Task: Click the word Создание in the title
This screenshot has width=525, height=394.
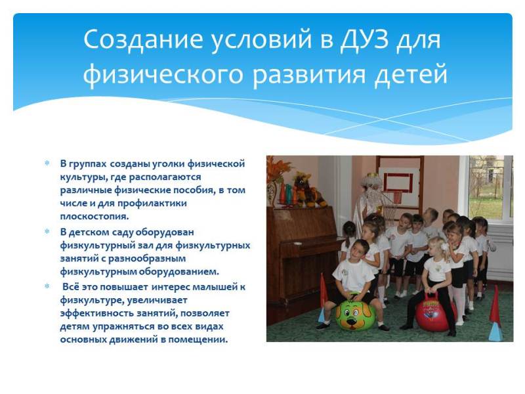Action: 143,39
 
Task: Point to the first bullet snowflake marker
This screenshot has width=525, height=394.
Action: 47,163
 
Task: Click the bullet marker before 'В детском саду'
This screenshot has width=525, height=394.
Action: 47,232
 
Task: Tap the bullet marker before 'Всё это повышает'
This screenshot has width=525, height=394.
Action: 47,286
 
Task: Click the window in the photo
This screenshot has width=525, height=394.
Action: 490,188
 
